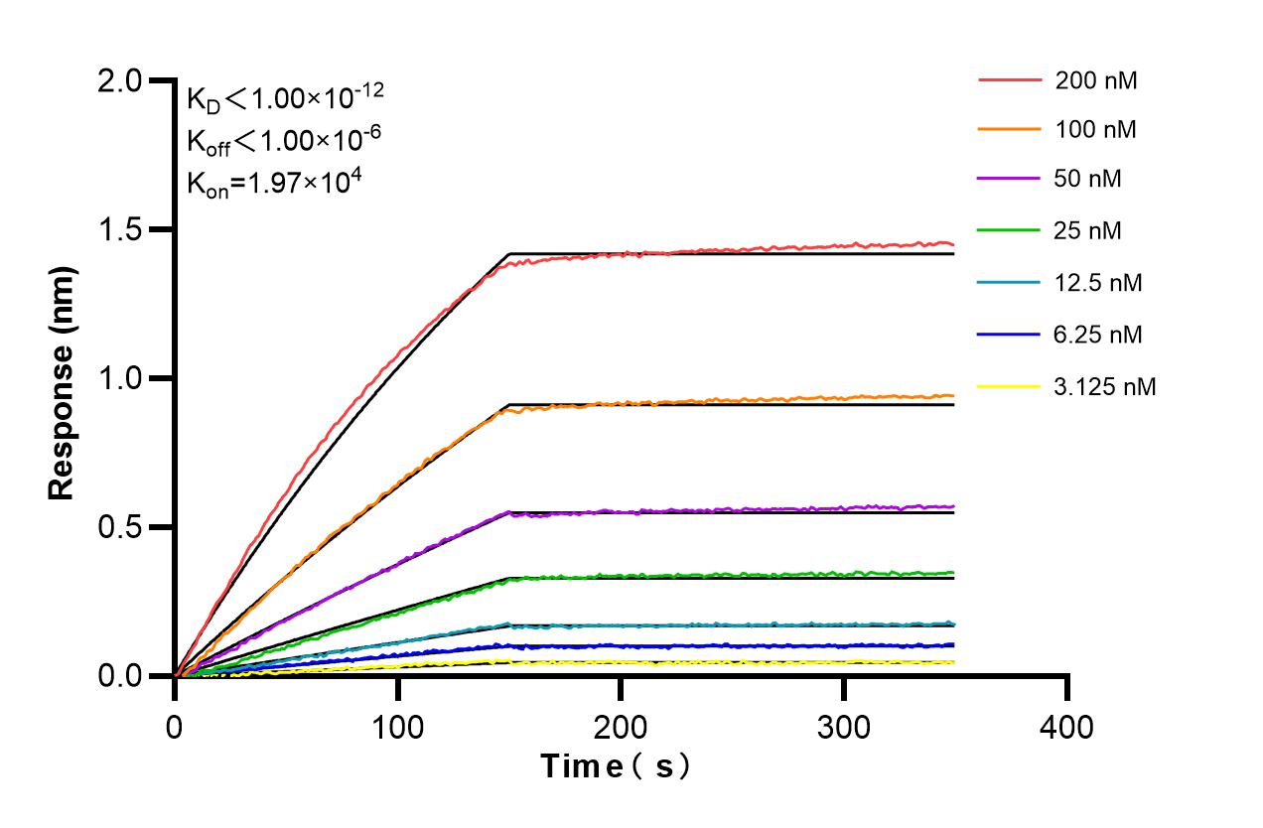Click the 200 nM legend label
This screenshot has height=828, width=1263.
coord(1096,80)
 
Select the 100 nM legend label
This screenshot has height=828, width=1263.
coord(1096,129)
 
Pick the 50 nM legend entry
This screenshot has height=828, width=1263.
coord(1090,180)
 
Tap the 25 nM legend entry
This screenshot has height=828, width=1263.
coord(1090,231)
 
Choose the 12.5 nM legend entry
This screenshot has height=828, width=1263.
coord(1098,283)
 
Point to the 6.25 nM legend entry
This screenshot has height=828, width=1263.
coord(1098,335)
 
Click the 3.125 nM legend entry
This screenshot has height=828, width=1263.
coord(1105,386)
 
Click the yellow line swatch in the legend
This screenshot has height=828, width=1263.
coord(1010,386)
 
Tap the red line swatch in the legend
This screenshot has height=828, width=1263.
coord(1010,80)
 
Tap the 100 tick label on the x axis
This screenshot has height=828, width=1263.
coord(398,728)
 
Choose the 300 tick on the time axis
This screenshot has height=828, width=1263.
coord(844,728)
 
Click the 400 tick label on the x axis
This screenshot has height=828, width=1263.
coord(1066,728)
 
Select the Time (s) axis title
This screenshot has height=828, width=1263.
coord(615,766)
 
